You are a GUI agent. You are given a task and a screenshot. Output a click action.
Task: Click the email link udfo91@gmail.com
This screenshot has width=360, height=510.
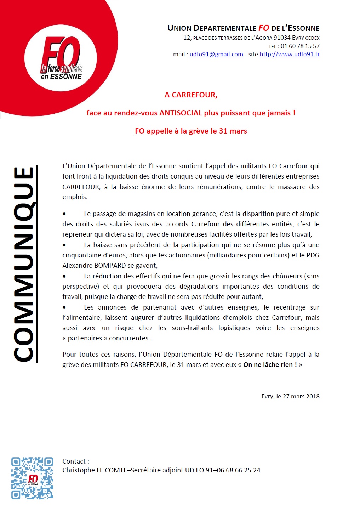tap(216, 54)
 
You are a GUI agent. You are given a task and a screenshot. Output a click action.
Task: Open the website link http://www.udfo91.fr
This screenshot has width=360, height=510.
tap(290, 54)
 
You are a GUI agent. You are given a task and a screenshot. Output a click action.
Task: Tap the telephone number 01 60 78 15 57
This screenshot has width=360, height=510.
tap(300, 46)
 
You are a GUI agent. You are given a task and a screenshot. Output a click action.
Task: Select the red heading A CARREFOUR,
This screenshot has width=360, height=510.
tap(191, 95)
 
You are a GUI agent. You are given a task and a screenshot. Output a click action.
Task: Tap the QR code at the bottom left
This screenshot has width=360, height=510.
tap(32, 478)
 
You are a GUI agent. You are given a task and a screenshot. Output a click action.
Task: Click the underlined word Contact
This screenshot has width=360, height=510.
tap(74, 461)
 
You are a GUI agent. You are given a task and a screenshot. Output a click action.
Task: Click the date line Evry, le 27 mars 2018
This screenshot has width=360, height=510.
tap(290, 396)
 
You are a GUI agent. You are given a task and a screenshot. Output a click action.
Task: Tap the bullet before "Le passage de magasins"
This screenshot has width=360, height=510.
tap(64, 214)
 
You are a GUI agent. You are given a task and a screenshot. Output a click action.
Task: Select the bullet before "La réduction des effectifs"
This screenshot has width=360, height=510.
tap(64, 276)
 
